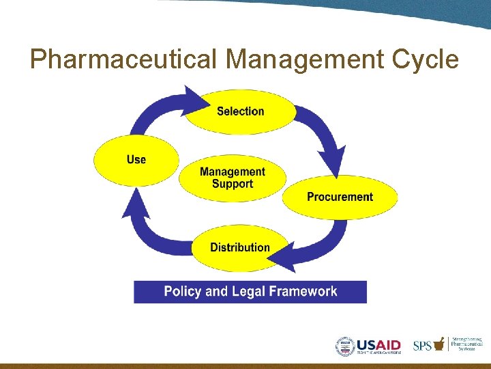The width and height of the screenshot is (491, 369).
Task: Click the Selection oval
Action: [x=240, y=111]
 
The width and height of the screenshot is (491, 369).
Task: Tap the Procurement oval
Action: [x=340, y=197]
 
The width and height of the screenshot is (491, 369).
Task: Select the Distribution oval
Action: [x=239, y=247]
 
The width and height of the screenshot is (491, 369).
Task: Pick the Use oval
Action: [x=136, y=159]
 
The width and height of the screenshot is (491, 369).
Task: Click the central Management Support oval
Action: [x=233, y=178]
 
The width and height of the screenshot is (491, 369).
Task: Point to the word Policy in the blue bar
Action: [x=183, y=292]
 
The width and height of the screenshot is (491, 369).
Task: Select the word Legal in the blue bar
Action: [x=249, y=292]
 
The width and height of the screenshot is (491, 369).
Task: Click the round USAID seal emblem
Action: [x=346, y=346]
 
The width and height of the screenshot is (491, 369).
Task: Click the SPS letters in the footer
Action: [x=422, y=346]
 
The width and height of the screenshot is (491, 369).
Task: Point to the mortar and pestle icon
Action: [x=439, y=344]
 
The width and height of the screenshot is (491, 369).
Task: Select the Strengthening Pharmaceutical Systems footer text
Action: [x=466, y=344]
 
